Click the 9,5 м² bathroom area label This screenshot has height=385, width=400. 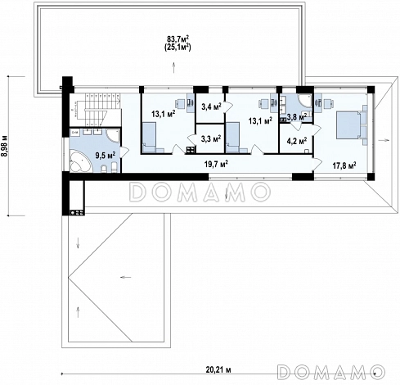[x=106, y=155]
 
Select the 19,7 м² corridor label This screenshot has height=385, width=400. [x=216, y=164]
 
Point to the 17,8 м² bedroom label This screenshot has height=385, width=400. [x=344, y=165]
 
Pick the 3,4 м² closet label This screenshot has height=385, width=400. [x=211, y=106]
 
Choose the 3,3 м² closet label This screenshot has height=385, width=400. [x=211, y=139]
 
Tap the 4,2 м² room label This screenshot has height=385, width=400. [x=297, y=141]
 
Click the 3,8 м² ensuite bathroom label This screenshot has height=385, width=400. [x=297, y=117]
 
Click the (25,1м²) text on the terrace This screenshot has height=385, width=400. [x=178, y=47]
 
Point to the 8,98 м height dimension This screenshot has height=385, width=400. [x=5, y=146]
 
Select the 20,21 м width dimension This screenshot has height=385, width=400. [x=218, y=369]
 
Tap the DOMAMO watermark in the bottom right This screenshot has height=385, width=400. [x=331, y=372]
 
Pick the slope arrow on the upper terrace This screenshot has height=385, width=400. [x=173, y=67]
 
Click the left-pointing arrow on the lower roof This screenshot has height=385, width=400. [x=126, y=278]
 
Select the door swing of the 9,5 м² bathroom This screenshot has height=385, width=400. [x=125, y=152]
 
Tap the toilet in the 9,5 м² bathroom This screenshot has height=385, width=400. [x=105, y=169]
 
